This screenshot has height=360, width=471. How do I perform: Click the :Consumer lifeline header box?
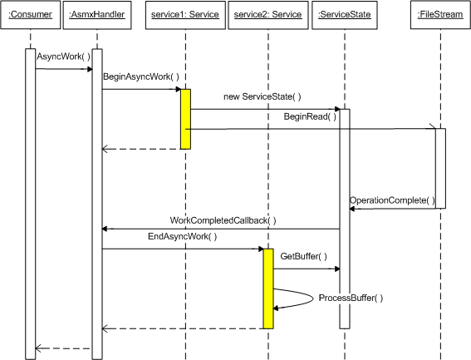[x=31, y=15]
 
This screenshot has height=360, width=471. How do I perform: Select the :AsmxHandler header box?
[x=97, y=15]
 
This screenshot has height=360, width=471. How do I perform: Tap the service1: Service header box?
[x=185, y=15]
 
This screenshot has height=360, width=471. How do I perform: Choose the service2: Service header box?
[x=268, y=15]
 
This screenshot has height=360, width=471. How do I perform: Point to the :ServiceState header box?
[x=345, y=15]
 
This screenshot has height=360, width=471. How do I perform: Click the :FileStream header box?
[x=440, y=15]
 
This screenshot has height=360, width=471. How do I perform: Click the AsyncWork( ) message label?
[x=63, y=57]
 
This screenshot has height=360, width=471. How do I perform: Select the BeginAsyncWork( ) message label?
[x=141, y=76]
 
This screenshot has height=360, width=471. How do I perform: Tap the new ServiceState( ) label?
[x=262, y=96]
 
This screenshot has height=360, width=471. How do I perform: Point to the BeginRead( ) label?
[x=310, y=116]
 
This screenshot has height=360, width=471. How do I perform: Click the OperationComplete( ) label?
[x=392, y=200]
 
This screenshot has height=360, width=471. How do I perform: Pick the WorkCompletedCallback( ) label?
[x=223, y=220]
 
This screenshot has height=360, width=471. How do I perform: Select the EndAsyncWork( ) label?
[x=182, y=236]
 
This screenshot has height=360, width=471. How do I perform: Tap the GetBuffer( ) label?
[x=304, y=256]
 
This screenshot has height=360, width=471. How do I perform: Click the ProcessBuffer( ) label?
[x=351, y=298]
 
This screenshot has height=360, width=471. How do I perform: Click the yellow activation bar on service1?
[x=185, y=119]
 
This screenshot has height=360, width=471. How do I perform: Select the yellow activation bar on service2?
[x=268, y=288]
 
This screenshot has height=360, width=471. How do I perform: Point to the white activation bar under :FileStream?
[x=440, y=169]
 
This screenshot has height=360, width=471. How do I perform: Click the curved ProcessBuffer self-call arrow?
[x=313, y=298]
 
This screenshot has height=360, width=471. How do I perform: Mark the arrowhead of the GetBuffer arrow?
[x=337, y=269]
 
